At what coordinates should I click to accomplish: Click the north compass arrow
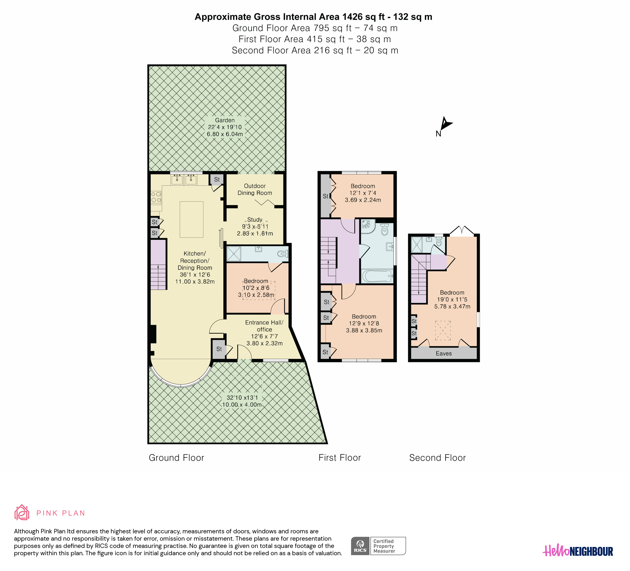446,124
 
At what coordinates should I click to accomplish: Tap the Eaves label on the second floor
444,353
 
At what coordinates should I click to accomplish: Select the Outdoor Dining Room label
255,189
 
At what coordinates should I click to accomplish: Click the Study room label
255,220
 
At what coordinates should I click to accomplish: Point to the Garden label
225,120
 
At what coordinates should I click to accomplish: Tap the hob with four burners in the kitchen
156,197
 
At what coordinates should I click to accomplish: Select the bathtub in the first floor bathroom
377,276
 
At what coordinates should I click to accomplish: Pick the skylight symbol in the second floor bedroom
443,330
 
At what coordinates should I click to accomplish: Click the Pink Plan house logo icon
22,513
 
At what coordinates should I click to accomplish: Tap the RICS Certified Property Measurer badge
378,546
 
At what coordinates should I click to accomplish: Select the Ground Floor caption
176,458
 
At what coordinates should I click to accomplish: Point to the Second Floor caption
437,458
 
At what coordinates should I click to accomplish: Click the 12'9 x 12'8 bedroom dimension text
364,323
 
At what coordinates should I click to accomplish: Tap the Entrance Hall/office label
264,326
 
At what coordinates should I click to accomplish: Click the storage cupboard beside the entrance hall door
219,349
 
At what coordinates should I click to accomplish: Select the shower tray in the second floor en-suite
417,245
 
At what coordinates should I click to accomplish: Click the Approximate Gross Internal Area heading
314,17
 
